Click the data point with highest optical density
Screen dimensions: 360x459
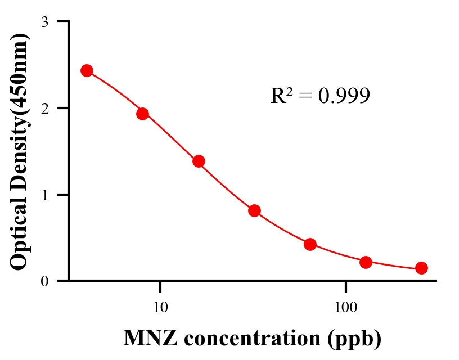(87, 70)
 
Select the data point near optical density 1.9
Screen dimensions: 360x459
(142, 114)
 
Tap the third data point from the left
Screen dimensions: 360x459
(199, 161)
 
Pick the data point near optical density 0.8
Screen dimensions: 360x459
(254, 210)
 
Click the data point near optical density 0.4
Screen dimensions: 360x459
(310, 244)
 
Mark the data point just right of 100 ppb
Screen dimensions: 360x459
(366, 262)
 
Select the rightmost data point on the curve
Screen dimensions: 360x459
(421, 268)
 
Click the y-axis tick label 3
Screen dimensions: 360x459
(44, 22)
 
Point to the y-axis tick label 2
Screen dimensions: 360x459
(44, 108)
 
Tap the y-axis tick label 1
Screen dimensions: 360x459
(44, 195)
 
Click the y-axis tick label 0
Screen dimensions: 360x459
(44, 281)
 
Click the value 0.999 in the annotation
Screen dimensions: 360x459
(344, 96)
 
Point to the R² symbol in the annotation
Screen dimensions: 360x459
(281, 96)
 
